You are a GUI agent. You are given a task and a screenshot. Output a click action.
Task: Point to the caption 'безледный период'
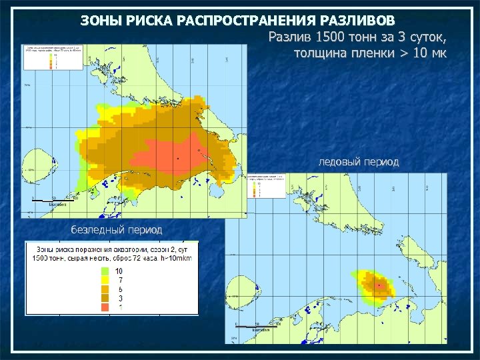(x=117, y=229)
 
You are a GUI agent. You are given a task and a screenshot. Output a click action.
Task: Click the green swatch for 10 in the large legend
(x=105, y=271)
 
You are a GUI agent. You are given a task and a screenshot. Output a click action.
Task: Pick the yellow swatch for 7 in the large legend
(x=105, y=280)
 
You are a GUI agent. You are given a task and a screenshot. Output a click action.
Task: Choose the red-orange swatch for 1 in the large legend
(x=105, y=307)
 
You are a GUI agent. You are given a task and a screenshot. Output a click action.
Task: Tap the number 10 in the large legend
(x=119, y=271)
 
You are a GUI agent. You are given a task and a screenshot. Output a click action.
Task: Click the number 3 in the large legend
(x=119, y=299)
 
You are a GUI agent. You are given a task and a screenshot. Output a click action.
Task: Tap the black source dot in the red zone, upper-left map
(x=177, y=159)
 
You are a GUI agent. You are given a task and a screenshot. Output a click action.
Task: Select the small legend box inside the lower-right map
(x=265, y=187)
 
